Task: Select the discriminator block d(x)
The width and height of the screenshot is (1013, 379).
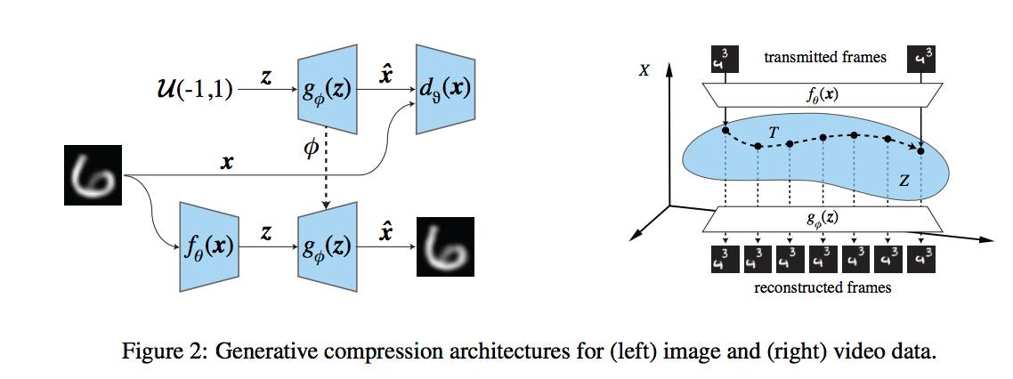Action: pos(446,89)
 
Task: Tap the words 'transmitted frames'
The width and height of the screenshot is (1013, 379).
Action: pos(825,58)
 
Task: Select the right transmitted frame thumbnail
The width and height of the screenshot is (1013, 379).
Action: pos(921,60)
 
